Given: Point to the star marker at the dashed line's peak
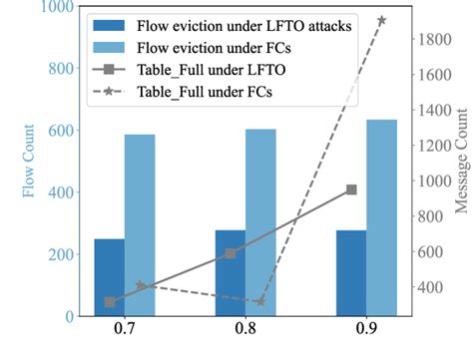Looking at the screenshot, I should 381,20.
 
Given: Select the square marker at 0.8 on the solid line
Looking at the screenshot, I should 231,253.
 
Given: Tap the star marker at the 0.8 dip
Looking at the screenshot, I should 260,301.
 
